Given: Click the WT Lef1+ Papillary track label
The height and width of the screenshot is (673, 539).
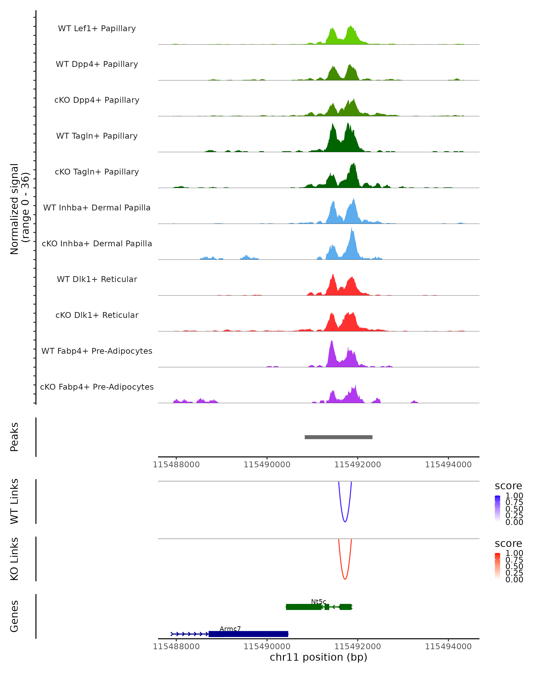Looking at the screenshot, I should (97, 28).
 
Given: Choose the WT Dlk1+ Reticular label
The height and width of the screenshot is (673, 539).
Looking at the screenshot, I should (97, 279).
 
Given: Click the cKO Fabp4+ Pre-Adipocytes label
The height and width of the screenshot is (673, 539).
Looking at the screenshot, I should (97, 387).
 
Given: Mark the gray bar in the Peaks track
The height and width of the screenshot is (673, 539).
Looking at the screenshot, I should (338, 437).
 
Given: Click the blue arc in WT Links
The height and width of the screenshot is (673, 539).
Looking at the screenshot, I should (345, 521).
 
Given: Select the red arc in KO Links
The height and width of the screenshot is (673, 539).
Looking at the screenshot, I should (345, 579).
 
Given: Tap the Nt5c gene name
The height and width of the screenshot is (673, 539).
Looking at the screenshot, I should (318, 601).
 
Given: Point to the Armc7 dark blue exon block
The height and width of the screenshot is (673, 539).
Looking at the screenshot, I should (248, 634).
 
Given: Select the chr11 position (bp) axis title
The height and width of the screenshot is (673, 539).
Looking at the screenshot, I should (318, 657).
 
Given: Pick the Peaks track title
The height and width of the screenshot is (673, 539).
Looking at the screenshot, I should (14, 437).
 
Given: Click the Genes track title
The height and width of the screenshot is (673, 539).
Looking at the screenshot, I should (14, 616).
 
